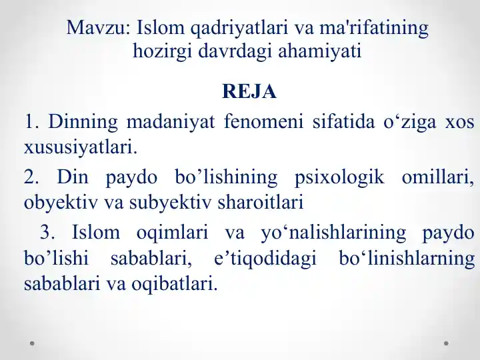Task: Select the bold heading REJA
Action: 249,91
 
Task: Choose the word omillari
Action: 437,177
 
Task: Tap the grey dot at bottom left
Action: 33,344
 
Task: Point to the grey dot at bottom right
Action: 446,344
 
